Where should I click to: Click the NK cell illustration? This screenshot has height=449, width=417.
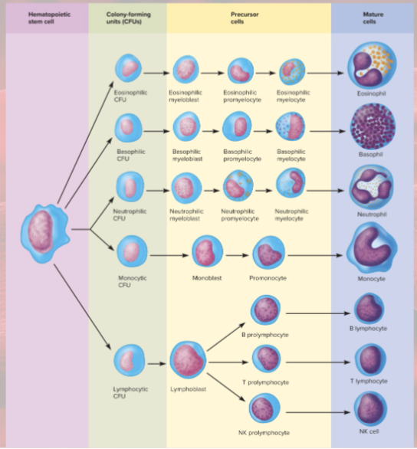coord(371,407)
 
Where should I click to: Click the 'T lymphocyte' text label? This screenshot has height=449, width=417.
coord(371,381)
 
